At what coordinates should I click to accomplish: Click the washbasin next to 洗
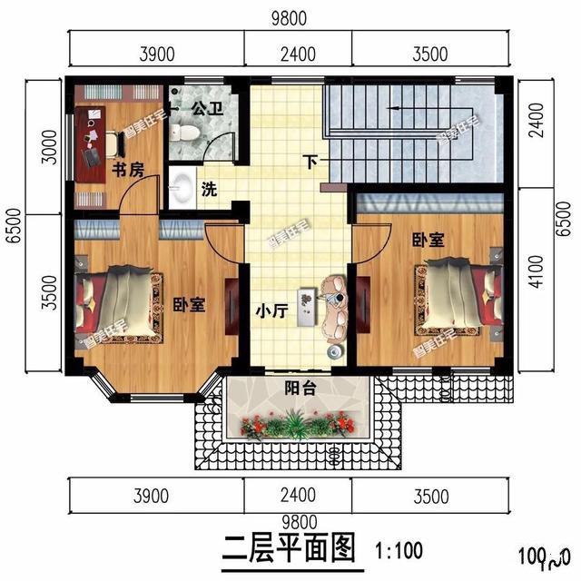pyautogui.click(x=180, y=188)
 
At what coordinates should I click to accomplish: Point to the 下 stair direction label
pyautogui.click(x=311, y=163)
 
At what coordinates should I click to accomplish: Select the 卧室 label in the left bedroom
pyautogui.click(x=188, y=305)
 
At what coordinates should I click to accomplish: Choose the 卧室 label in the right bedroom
pyautogui.click(x=428, y=240)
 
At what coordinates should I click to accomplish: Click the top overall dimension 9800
pyautogui.click(x=290, y=17)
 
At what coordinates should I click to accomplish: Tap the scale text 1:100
pyautogui.click(x=397, y=550)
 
